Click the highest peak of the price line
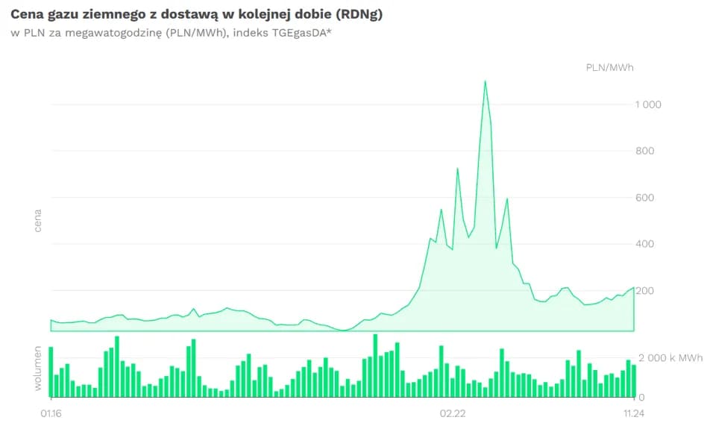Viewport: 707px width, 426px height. pos(486,81)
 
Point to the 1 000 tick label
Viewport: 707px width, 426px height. pos(648,104)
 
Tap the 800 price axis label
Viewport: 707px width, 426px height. pos(645,151)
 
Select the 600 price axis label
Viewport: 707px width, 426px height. pos(645,198)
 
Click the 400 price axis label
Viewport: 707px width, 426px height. pos(645,244)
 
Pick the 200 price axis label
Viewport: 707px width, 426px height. pos(645,290)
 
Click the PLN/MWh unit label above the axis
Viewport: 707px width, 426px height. pos(610,68)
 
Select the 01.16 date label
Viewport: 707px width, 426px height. pos(51,413)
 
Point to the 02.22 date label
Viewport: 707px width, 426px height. pos(453,413)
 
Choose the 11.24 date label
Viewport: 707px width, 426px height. pos(634,413)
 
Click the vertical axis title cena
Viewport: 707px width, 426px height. pos(37,222)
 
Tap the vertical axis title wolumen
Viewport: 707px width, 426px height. pos(37,367)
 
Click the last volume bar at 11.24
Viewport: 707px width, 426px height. pos(634,380)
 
